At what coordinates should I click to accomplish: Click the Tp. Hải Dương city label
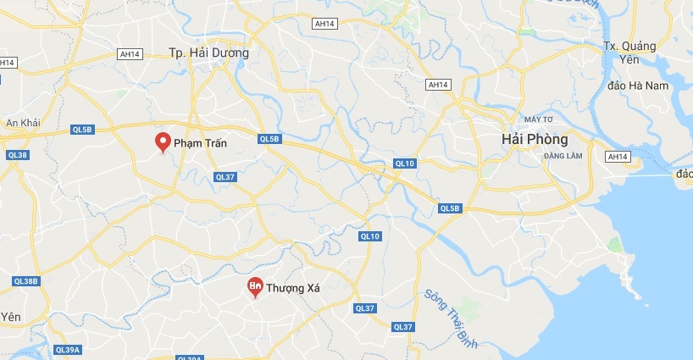pos(208,53)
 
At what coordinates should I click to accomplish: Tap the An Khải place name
pos(24,124)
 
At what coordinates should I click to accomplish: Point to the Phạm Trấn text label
pos(201,144)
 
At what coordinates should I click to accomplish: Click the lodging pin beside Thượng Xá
pos(254,288)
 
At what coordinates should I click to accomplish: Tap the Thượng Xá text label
pos(293,289)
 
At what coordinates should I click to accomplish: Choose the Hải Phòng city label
pos(534,138)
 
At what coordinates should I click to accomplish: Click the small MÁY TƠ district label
pos(538,119)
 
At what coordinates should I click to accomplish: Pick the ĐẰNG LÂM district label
pos(563,156)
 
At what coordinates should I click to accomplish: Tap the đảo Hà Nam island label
pos(638,86)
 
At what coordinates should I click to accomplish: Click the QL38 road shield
pos(17,155)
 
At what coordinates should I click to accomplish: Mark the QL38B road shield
pos(26,281)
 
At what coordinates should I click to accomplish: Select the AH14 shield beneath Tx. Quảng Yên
pos(618,157)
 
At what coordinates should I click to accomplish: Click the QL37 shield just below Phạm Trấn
pos(225,177)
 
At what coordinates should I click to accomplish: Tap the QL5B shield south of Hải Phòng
pos(449,208)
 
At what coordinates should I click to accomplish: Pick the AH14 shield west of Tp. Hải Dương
pos(130,53)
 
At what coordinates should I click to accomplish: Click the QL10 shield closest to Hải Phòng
pos(404,163)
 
